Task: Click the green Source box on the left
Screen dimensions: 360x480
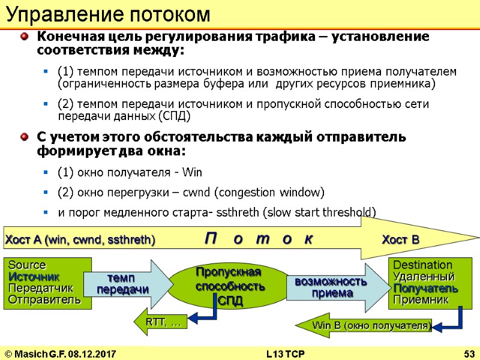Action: [48, 283]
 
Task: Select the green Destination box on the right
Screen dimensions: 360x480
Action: [426, 283]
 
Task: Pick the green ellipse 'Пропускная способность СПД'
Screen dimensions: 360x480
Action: [230, 286]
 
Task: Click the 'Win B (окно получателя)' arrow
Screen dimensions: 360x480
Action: [366, 326]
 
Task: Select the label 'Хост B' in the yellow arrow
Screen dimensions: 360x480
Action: [400, 240]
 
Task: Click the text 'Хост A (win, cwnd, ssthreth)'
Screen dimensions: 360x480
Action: [80, 241]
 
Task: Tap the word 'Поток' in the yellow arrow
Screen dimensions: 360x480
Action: [258, 239]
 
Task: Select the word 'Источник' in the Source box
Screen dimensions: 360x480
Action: [34, 277]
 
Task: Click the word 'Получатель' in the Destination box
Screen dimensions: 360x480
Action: [426, 288]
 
